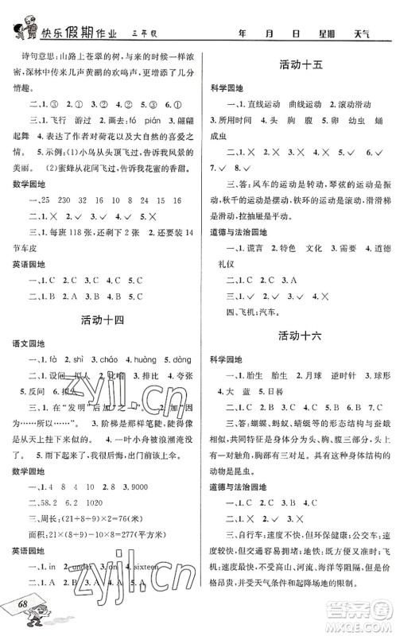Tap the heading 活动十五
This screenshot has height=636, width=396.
(301, 64)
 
